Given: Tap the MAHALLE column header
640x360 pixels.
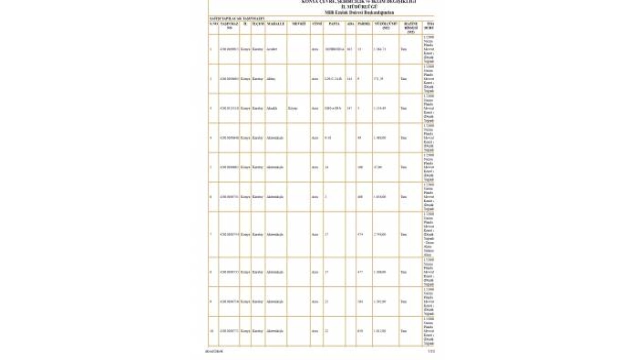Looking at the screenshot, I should click(x=275, y=23).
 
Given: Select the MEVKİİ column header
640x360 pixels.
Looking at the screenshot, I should click(x=298, y=23).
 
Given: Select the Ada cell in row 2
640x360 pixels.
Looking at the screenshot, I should click(x=349, y=78).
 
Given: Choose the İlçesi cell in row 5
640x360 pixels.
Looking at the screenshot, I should click(x=257, y=167).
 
